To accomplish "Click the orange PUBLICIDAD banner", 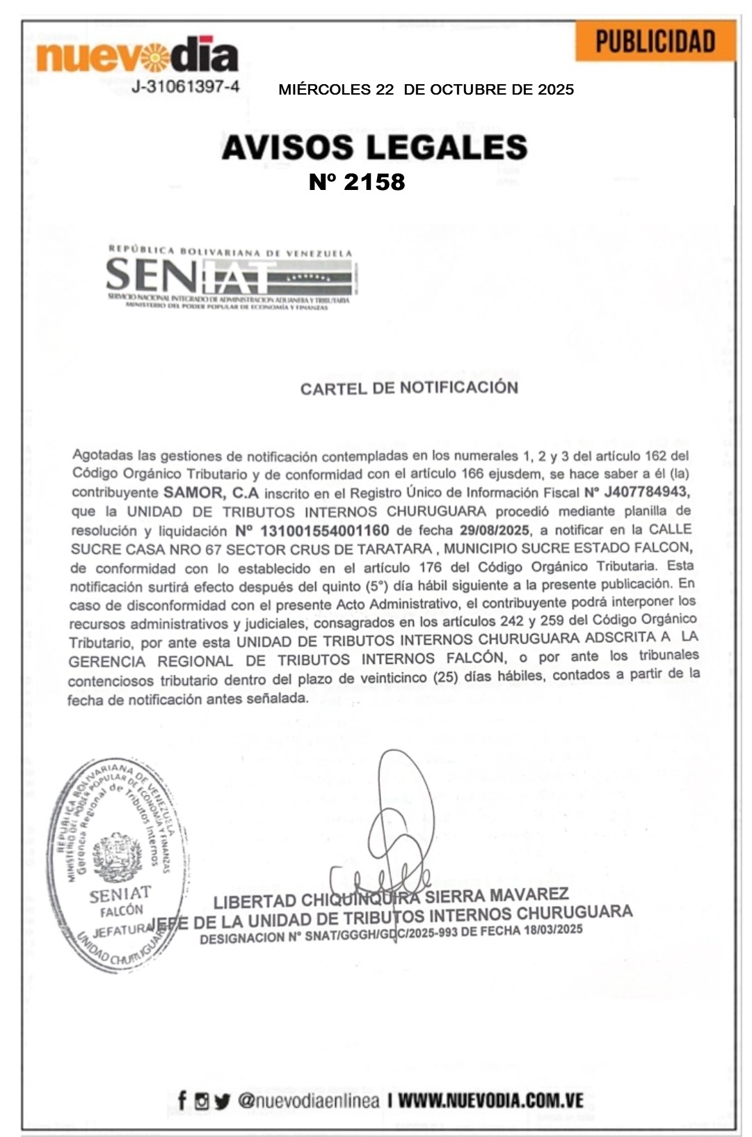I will [655, 41].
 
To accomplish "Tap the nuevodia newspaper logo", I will [138, 55].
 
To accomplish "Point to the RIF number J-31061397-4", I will [186, 87].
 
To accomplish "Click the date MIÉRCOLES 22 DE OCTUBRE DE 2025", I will [426, 90].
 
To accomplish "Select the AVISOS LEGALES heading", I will [374, 148].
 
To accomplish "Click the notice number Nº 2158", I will [357, 182].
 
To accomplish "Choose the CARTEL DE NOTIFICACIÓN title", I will [409, 388].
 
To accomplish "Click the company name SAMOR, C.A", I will [211, 493].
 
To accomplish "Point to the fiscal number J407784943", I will [646, 492].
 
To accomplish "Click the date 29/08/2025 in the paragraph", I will [494, 530].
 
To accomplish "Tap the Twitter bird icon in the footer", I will [222, 1102].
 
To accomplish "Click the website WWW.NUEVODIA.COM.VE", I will [490, 1101].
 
